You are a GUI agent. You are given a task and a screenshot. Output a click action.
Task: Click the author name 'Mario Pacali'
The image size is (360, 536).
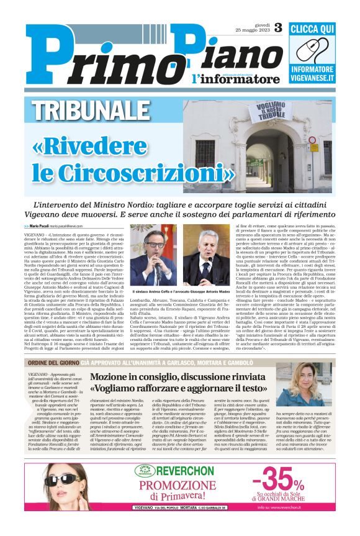point(42,225)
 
